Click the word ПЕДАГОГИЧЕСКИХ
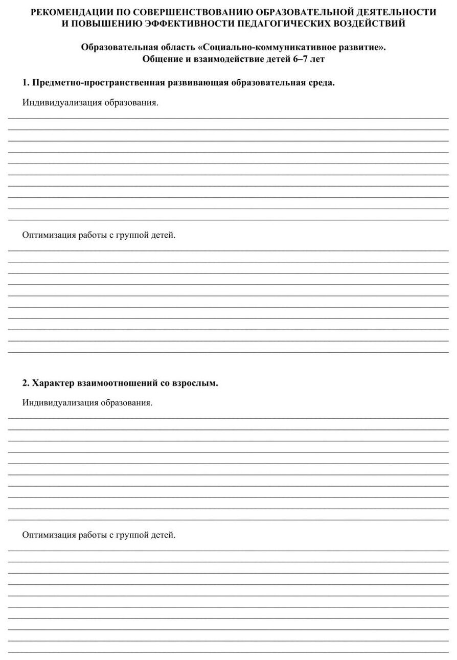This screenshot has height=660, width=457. pyautogui.click(x=288, y=24)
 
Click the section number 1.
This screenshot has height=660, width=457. pyautogui.click(x=25, y=83)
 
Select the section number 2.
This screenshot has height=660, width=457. pyautogui.click(x=25, y=383)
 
